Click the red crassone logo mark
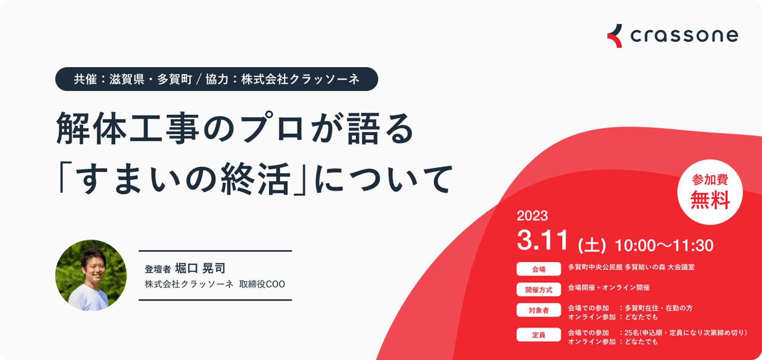tap(615, 36)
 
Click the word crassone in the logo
tap(684, 35)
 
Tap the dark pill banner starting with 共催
tap(216, 79)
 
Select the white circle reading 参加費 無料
tap(710, 192)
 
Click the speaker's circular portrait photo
tap(91, 275)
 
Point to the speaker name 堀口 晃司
tap(200, 268)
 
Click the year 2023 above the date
tap(532, 216)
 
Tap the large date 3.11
tap(543, 240)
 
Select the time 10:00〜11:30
tap(664, 245)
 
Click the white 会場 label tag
tap(539, 269)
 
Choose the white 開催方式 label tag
tap(539, 290)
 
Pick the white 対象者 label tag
tap(539, 310)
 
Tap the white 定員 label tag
tap(539, 335)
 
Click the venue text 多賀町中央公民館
tap(595, 267)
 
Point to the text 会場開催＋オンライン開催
tap(609, 288)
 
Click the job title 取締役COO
tap(262, 284)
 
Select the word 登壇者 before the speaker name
tap(158, 269)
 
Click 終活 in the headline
tap(256, 179)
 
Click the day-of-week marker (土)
tap(592, 245)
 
